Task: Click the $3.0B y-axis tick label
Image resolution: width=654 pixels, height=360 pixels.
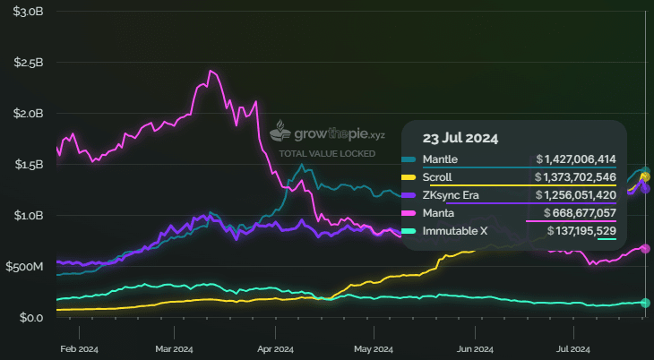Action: point(28,12)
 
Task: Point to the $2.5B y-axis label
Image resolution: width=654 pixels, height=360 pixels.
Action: point(28,63)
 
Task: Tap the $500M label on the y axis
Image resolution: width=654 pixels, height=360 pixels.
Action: point(24,267)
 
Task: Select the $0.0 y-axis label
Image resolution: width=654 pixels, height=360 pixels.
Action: point(31,317)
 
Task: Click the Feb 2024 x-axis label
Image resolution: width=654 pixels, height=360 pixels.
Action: point(79,349)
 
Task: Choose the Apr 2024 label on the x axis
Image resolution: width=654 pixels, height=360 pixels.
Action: point(275,349)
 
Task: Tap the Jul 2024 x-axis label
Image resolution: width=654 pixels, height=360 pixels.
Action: point(573,349)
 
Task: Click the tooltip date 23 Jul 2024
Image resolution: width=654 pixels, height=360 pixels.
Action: point(460,139)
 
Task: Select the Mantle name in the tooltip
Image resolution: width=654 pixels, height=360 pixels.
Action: point(440,159)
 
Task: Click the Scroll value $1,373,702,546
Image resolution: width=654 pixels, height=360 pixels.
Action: point(576,177)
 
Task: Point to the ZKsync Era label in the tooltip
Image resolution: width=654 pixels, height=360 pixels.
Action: point(451,195)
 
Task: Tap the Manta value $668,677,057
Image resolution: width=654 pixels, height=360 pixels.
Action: point(580,213)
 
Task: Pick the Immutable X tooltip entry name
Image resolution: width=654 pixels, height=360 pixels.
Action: point(455,231)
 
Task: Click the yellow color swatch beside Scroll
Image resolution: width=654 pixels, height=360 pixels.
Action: point(409,177)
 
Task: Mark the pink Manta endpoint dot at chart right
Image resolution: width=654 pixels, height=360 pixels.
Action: point(645,249)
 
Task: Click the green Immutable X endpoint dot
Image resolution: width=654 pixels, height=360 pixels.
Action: point(645,303)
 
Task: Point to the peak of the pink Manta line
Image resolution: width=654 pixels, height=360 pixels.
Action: point(211,71)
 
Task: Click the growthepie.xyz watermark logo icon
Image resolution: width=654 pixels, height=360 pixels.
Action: point(280,131)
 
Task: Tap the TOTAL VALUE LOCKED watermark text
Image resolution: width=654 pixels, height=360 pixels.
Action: point(327,154)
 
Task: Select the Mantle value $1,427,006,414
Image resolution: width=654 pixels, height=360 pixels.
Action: point(576,159)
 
